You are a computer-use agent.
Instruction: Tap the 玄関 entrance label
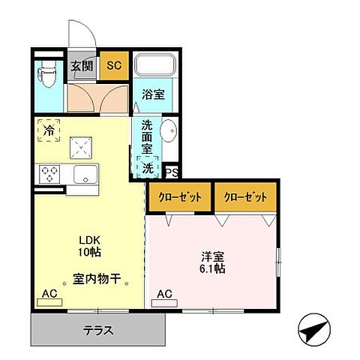coord(82,64)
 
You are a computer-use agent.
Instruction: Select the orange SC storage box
coord(114,64)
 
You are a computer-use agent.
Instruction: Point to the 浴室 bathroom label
coord(154,95)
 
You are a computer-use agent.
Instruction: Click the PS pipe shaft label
coord(171,171)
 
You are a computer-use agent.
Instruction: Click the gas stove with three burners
coord(51,174)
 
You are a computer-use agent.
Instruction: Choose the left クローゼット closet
coord(179,196)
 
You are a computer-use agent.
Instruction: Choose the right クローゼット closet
coord(245,196)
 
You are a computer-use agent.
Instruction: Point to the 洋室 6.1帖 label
coord(211,262)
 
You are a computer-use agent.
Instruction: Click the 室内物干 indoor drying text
coord(97,280)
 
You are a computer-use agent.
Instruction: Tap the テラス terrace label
coord(97,330)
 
